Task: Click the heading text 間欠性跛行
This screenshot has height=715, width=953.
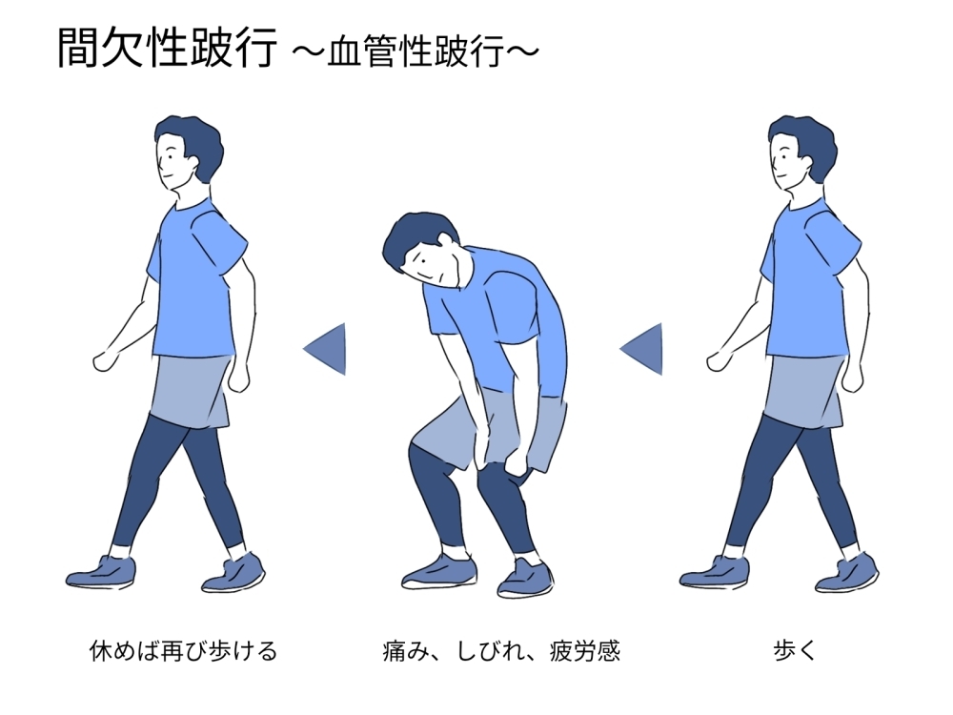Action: point(167,48)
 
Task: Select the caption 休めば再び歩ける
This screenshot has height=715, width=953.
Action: point(183,650)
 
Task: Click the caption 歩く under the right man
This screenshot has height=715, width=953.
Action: point(795,650)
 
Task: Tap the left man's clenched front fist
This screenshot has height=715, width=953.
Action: point(105,361)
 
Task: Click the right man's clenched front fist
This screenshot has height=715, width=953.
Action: point(719,361)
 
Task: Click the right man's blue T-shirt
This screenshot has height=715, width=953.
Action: point(808,279)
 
